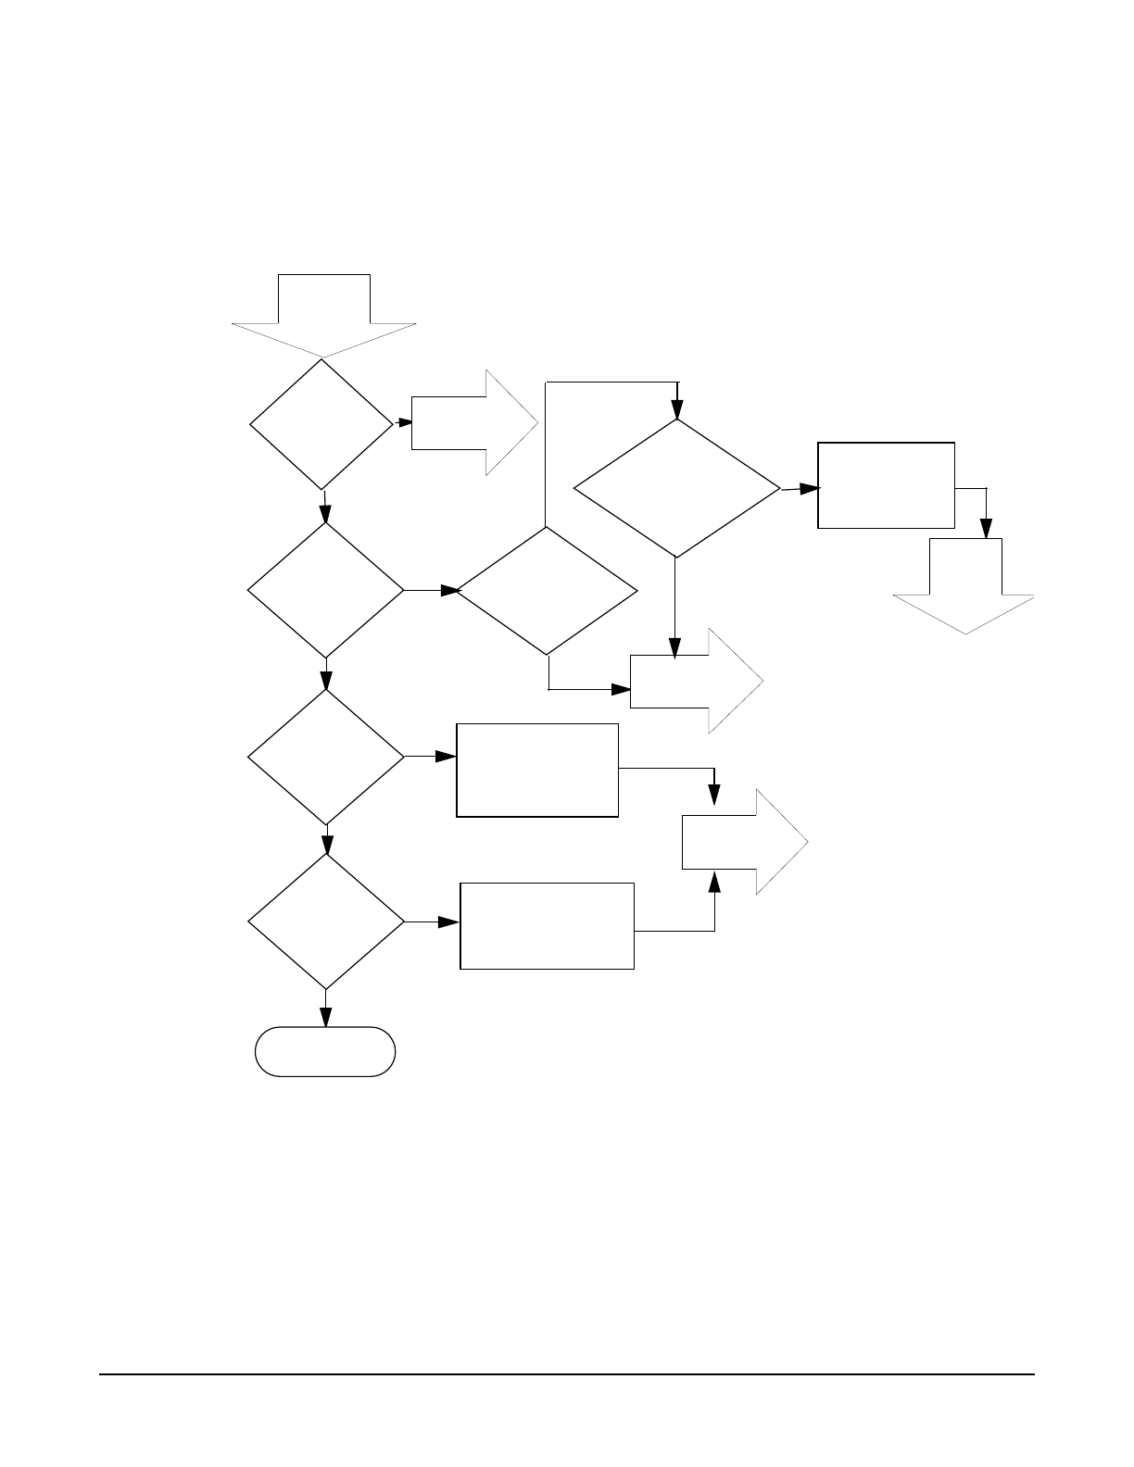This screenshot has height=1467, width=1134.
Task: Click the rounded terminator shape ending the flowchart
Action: (x=325, y=1051)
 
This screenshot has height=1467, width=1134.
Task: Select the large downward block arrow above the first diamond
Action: (x=324, y=316)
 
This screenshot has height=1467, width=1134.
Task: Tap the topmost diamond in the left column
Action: (x=321, y=424)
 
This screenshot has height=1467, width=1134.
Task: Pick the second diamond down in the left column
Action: (x=326, y=590)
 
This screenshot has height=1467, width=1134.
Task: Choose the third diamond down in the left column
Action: (x=326, y=757)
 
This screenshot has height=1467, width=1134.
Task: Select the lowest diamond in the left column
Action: (x=326, y=922)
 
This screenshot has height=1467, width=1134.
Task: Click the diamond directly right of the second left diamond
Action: (x=548, y=591)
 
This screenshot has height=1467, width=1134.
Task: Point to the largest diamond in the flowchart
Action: (x=677, y=488)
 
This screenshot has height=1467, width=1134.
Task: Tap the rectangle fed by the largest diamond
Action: (x=886, y=485)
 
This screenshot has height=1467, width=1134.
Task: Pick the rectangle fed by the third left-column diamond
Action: (x=537, y=770)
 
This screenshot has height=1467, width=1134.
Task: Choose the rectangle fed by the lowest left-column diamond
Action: (x=547, y=926)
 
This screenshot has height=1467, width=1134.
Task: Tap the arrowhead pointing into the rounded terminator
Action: (x=326, y=1017)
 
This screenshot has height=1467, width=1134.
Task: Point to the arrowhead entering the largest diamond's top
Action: (x=677, y=409)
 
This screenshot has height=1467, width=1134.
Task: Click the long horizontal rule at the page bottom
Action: (x=567, y=1373)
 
